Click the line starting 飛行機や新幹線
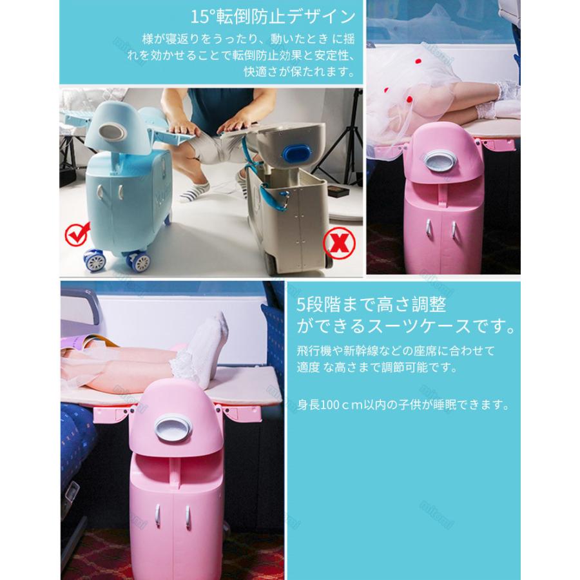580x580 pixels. (396, 352)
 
